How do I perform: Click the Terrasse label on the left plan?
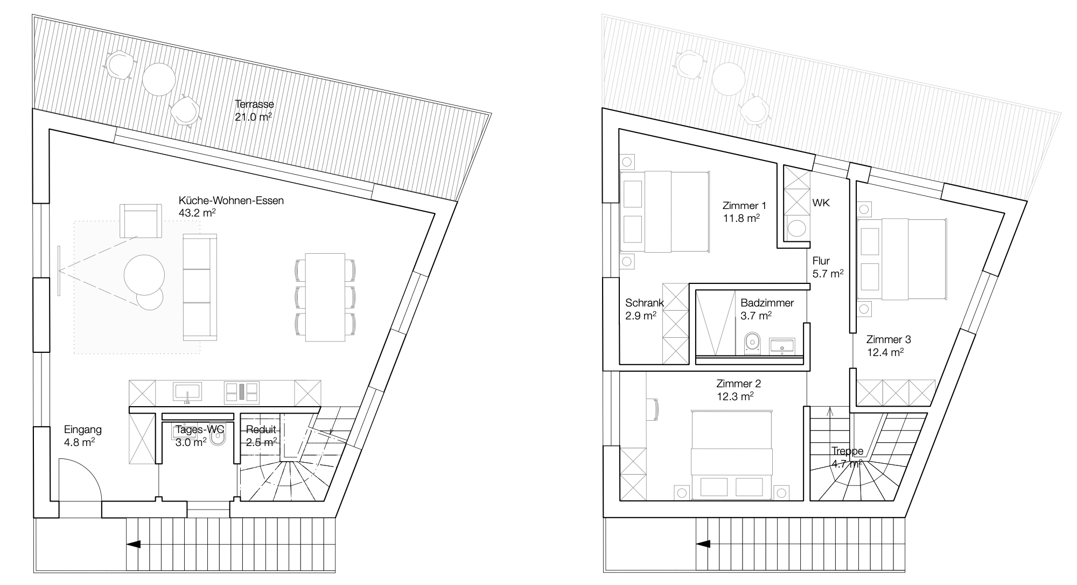pos(255,104)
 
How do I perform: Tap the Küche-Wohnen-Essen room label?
pos(231,200)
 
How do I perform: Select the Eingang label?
pos(83,430)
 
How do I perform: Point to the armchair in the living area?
pos(141,220)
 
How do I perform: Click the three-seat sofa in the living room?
pos(200,287)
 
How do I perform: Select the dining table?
pos(325,297)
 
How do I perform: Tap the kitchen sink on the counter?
pos(187,392)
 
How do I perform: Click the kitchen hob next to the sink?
pos(242,392)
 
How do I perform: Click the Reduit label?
pos(261,429)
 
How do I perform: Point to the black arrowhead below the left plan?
pos(133,544)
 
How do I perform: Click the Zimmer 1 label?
pos(744,205)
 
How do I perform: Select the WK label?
pos(821,203)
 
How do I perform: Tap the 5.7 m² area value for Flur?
pos(828,274)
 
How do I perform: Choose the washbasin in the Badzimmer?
pos(782,345)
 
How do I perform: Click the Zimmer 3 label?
pos(889,339)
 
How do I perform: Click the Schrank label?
pos(645,303)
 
